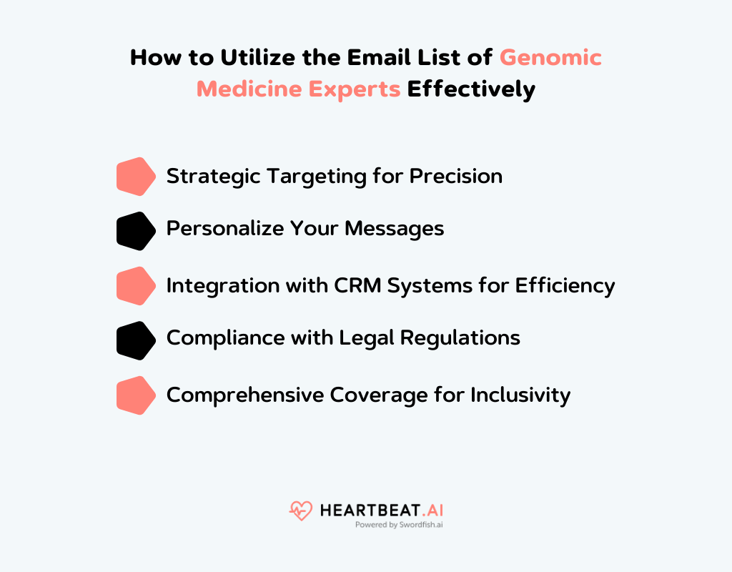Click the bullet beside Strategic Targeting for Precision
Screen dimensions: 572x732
click(136, 176)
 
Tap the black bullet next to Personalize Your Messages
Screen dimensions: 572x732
click(136, 231)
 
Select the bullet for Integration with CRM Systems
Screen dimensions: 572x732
click(136, 286)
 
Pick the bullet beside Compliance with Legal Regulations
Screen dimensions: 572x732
click(136, 340)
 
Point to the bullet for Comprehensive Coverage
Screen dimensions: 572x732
click(136, 395)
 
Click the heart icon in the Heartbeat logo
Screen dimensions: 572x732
click(301, 511)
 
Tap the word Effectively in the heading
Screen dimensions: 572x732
click(471, 89)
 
